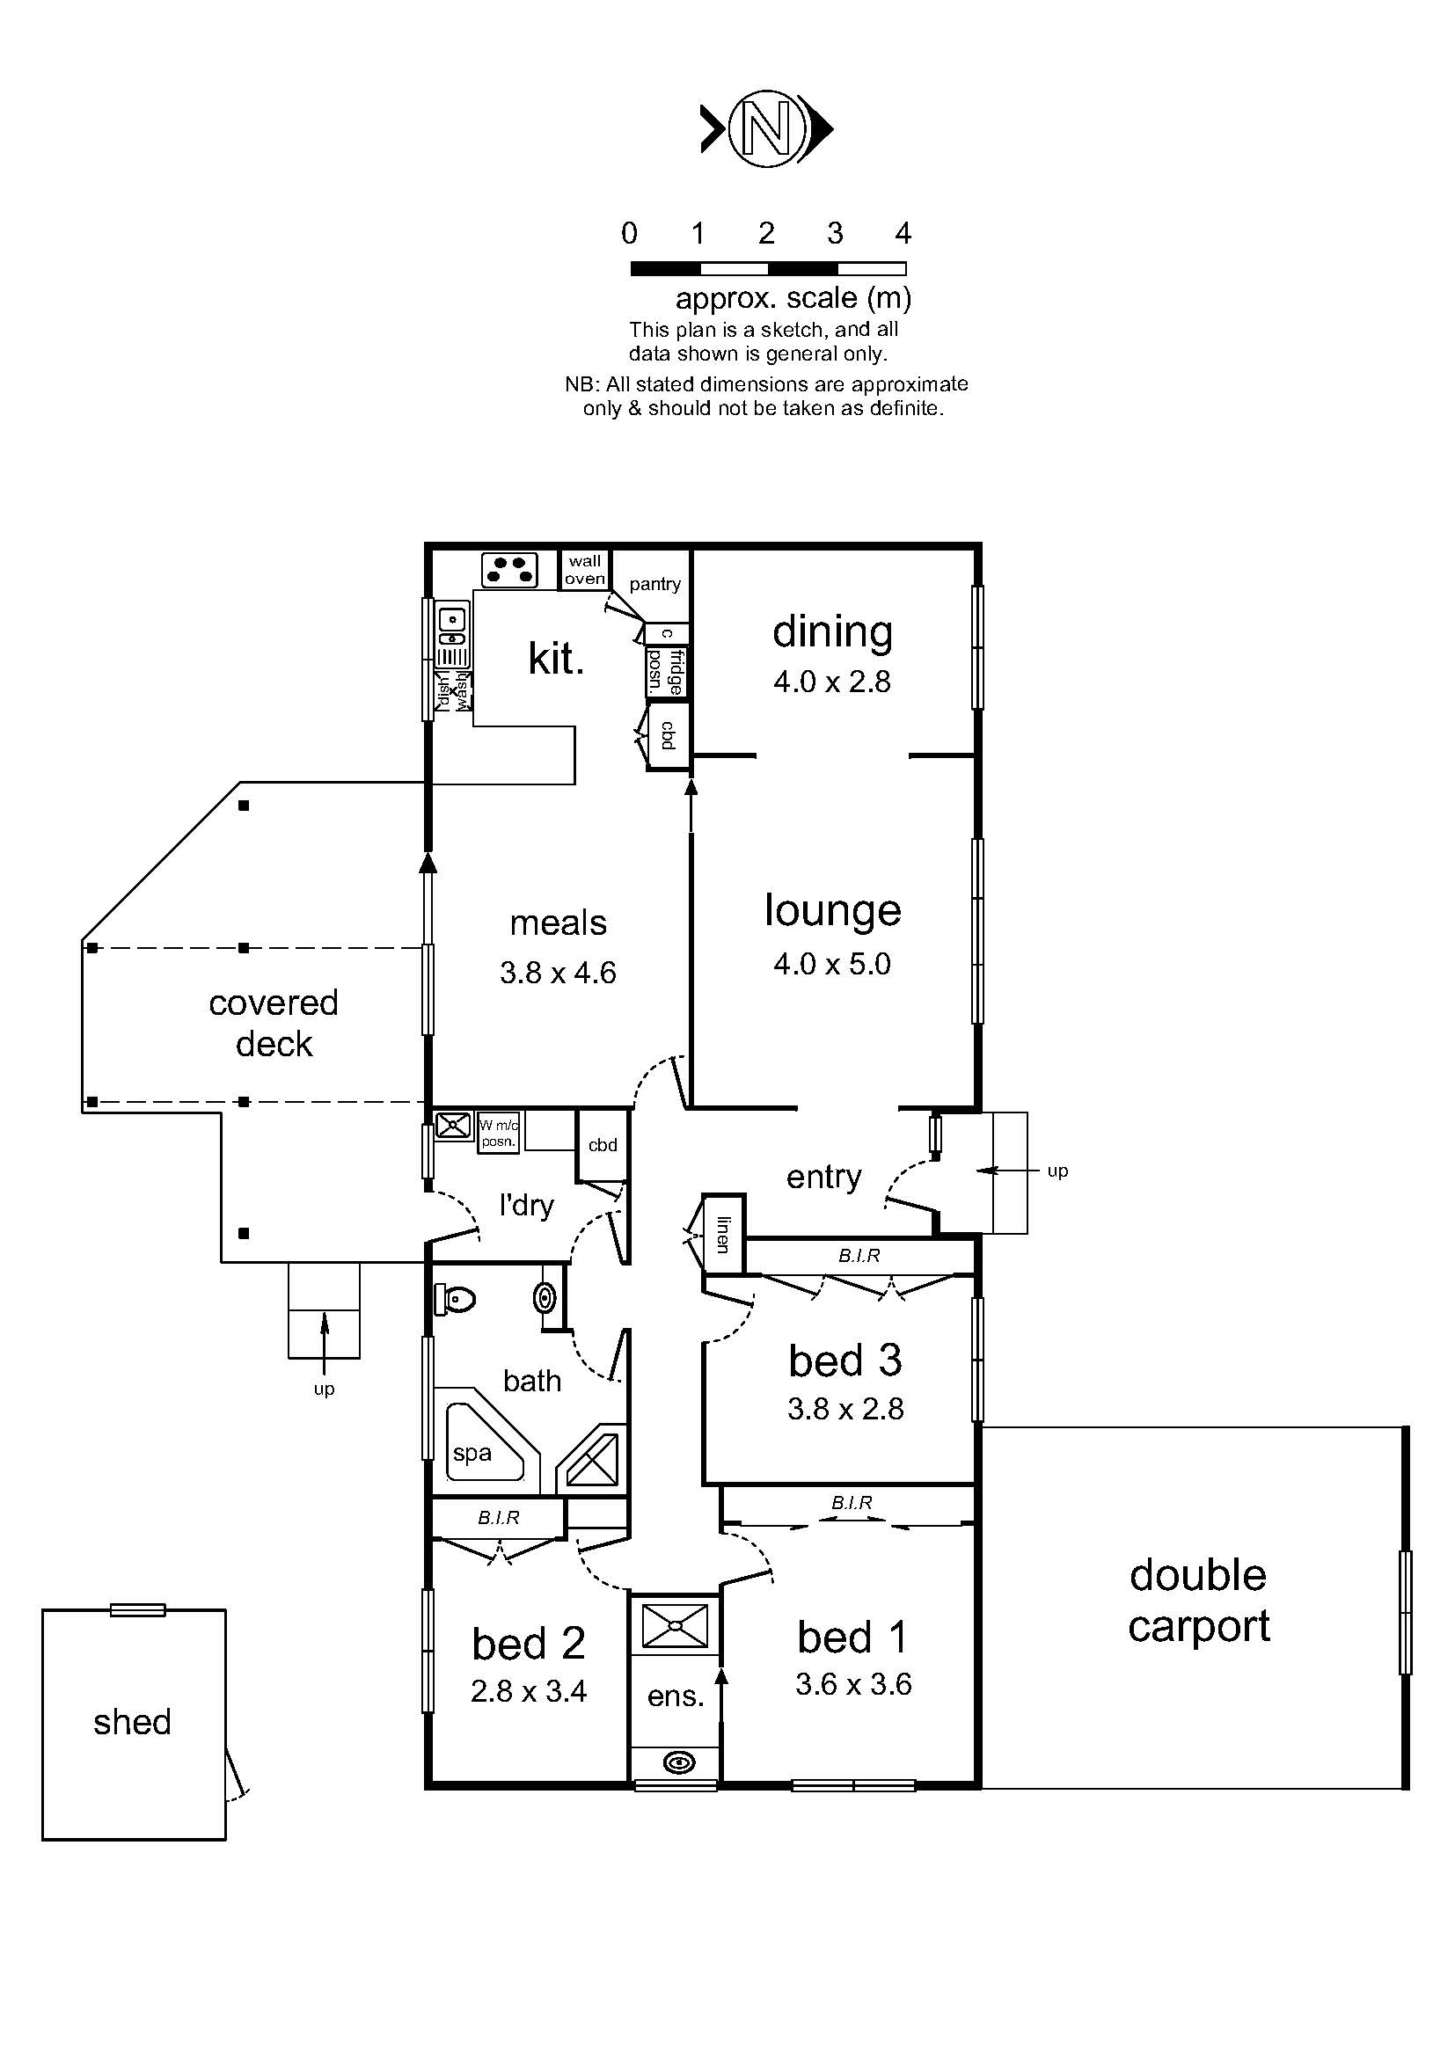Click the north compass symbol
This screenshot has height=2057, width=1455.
[x=765, y=128]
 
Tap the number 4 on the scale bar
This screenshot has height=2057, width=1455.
[x=903, y=234]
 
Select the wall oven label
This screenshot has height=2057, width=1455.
[x=584, y=570]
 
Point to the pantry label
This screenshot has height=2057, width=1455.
[x=655, y=584]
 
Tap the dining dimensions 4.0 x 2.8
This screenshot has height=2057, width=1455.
[x=831, y=682]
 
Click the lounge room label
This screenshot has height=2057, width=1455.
[x=832, y=910]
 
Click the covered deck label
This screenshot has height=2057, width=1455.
[x=274, y=1023]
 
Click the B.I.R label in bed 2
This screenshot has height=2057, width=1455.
[x=498, y=1518]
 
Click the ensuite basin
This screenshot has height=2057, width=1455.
[x=679, y=1764]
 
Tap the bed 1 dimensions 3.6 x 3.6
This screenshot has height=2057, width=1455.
[x=853, y=1684]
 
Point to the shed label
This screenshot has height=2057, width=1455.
[x=132, y=1722]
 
